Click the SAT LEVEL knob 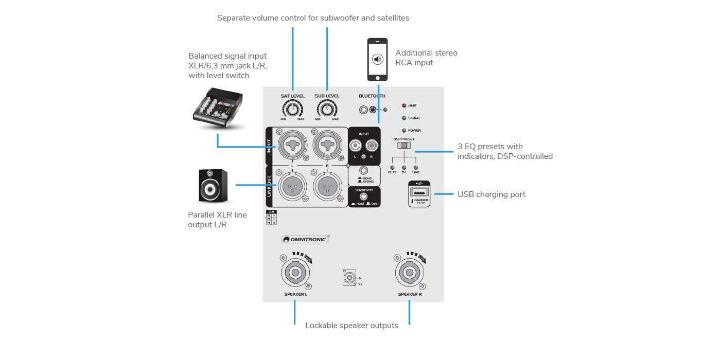click(x=292, y=109)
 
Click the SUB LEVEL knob click(x=327, y=109)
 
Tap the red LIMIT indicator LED click(x=404, y=105)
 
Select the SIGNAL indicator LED click(x=404, y=118)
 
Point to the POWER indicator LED click(x=404, y=130)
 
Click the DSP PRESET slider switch click(x=404, y=146)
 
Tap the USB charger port click(x=419, y=192)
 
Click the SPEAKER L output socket click(x=295, y=272)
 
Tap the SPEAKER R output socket click(x=409, y=272)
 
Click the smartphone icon click(x=377, y=59)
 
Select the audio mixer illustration click(x=218, y=109)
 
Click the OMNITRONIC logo click(x=305, y=239)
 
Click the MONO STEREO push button click(x=364, y=171)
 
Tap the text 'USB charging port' click(x=491, y=194)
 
